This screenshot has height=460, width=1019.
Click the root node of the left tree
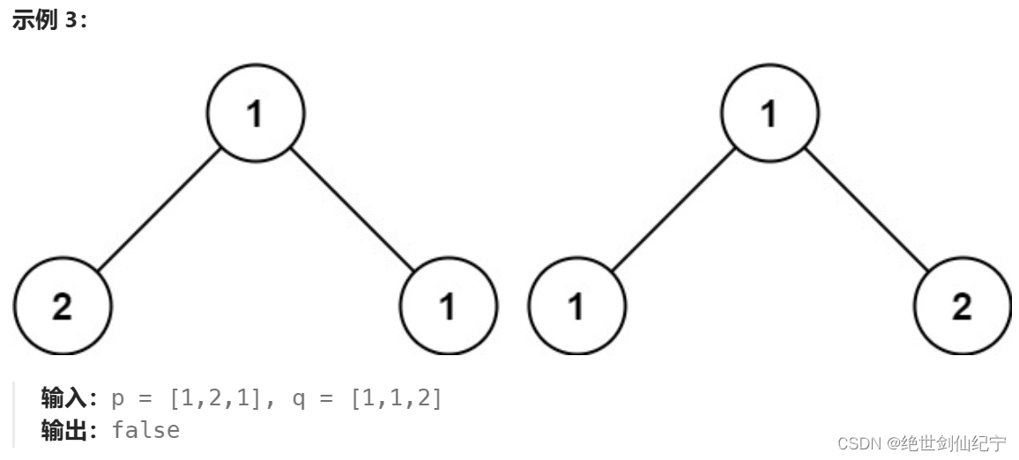point(256,113)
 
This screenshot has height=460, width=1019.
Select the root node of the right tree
point(770,113)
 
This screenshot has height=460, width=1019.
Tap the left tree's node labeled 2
point(63,306)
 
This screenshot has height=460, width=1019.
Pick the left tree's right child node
point(449,306)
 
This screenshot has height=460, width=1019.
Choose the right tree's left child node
point(576,306)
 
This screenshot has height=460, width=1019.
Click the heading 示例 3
point(49,21)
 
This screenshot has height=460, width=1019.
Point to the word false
point(146,430)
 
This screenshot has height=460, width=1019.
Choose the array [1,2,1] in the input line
point(215,399)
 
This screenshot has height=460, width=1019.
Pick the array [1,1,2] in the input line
point(396,399)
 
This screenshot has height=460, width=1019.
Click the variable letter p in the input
point(118,399)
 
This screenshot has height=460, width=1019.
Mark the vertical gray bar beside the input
point(14,414)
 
